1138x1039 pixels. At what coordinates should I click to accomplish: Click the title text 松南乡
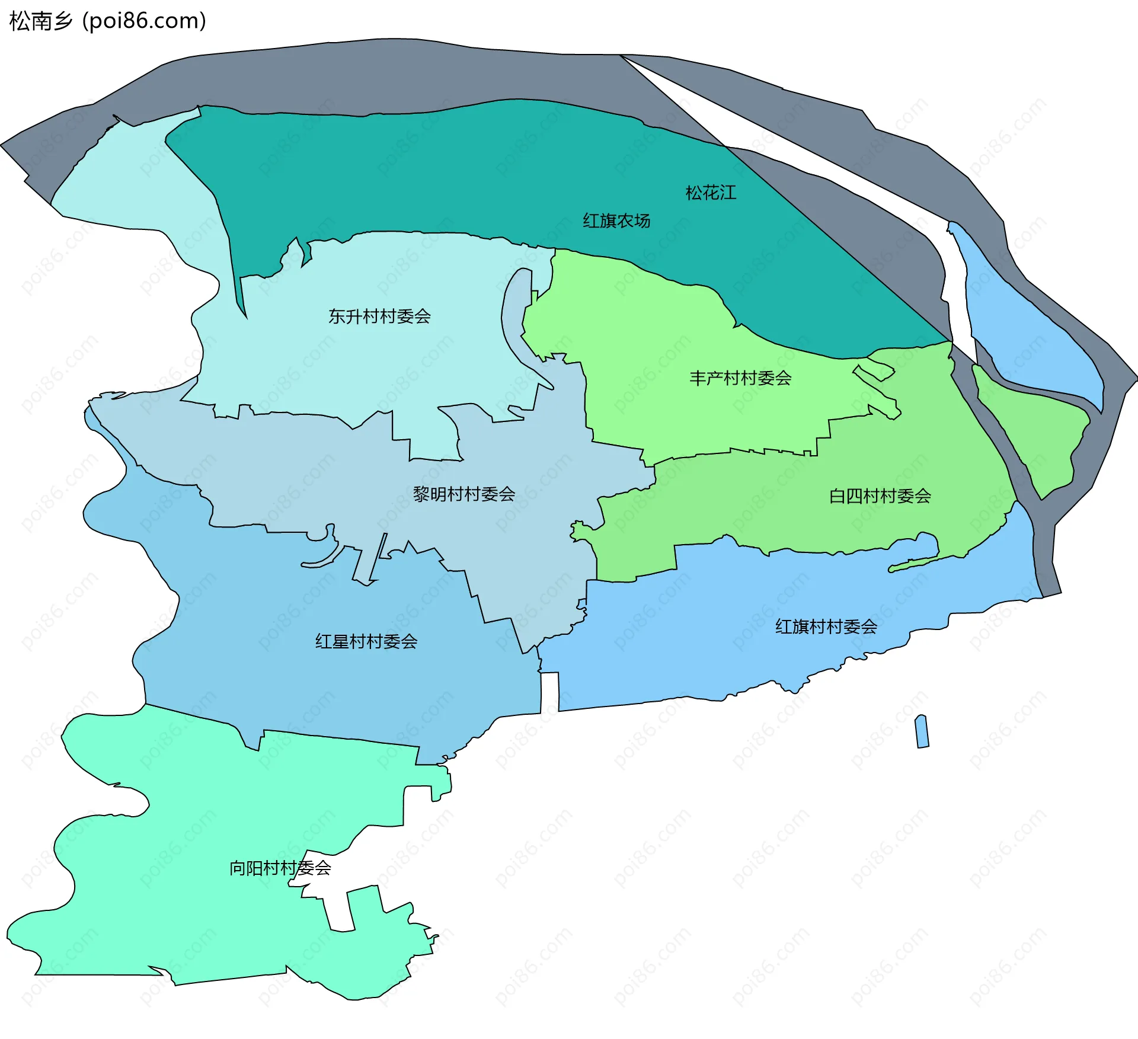tap(40, 21)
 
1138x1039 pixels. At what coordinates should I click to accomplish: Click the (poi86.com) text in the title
tap(144, 21)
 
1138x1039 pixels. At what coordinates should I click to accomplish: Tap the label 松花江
tap(711, 193)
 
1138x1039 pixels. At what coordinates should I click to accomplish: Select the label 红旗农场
tap(616, 220)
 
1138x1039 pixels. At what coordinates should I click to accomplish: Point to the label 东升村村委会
tap(379, 317)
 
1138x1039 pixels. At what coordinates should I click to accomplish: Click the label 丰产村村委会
tap(740, 378)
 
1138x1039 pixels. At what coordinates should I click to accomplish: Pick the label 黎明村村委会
tap(464, 494)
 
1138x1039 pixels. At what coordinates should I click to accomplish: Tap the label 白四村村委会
tap(880, 496)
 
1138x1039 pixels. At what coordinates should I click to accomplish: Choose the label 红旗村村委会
tap(826, 626)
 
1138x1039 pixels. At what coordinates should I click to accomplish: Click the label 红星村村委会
tap(366, 641)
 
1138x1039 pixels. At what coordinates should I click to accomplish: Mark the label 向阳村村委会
tap(280, 868)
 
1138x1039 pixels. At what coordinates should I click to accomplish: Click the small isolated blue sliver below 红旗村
tap(922, 732)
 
